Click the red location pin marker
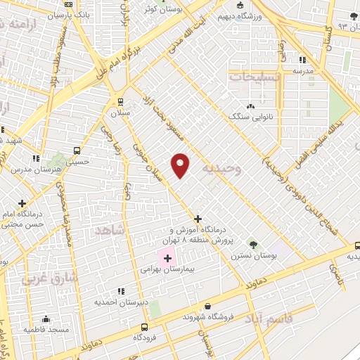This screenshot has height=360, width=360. (x=181, y=165)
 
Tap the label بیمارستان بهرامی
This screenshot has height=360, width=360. (x=162, y=269)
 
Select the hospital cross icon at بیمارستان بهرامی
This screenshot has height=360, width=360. (x=167, y=258)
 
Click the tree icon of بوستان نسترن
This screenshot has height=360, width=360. (x=253, y=244)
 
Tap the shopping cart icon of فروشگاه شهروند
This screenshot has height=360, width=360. (x=208, y=306)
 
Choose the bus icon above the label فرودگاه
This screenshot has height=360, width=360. (x=144, y=327)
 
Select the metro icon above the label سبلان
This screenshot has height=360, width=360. (x=120, y=101)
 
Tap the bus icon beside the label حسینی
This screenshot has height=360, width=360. (x=76, y=150)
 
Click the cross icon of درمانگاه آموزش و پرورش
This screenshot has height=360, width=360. (x=198, y=219)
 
